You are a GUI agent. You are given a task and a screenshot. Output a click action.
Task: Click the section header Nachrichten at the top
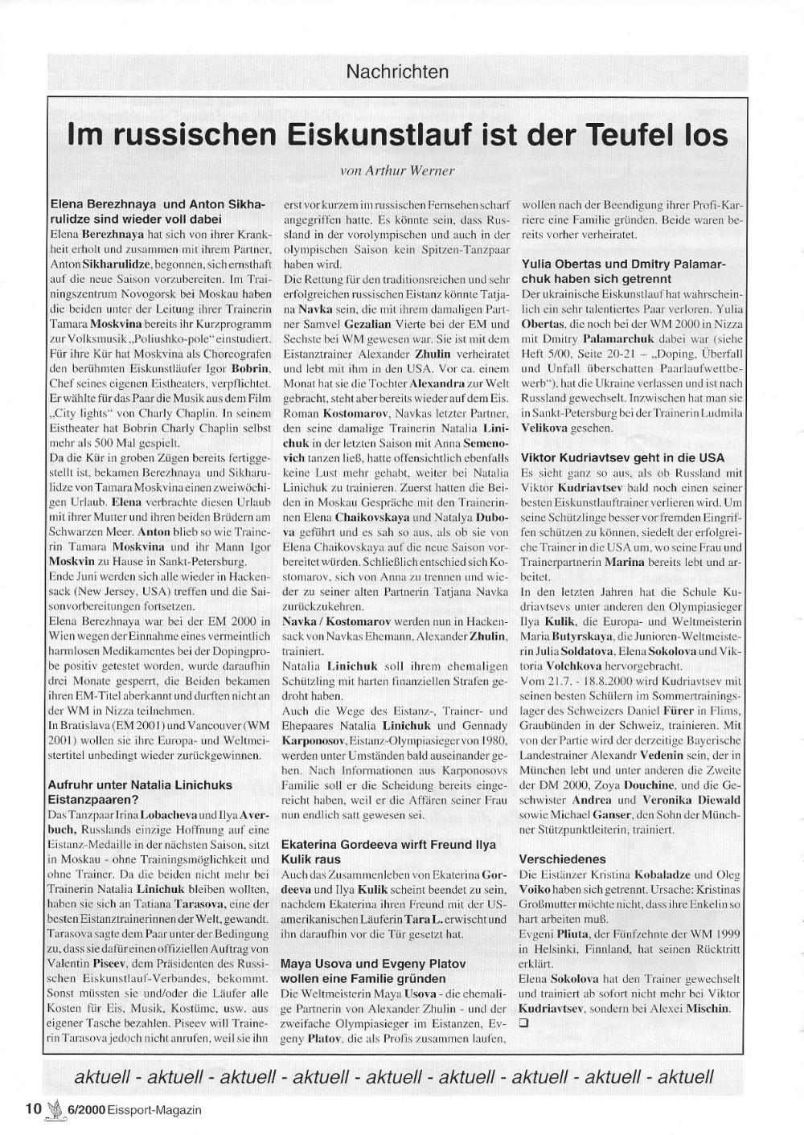(x=397, y=72)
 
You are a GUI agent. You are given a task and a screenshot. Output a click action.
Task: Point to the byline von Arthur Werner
(x=398, y=170)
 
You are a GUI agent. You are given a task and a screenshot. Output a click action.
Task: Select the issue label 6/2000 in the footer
(x=88, y=1109)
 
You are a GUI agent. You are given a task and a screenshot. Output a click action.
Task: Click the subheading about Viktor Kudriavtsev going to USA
(x=622, y=457)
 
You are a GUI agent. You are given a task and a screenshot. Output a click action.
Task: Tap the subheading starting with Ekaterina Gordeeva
(x=388, y=851)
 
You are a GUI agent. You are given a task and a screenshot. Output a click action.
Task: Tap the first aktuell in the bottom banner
(x=105, y=1076)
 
